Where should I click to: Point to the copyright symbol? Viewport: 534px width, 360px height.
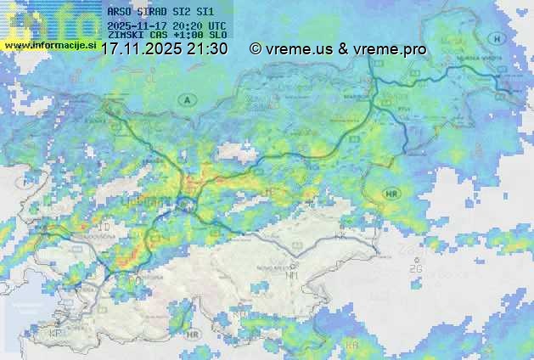255,49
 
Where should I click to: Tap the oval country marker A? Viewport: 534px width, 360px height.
185,100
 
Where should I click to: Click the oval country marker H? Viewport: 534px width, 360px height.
496,39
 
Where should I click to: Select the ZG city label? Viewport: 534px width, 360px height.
415,268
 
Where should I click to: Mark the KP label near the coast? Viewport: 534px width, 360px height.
57,333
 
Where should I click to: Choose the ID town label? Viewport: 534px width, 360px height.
105,229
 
